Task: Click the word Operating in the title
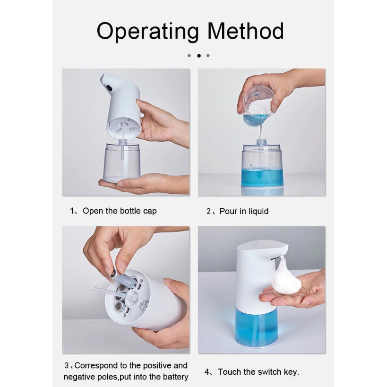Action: [x=147, y=31]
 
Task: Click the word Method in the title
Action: [x=246, y=31]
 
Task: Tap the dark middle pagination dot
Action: [x=198, y=56]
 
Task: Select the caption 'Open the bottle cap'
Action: [x=120, y=211]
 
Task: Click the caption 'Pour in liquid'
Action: [x=244, y=211]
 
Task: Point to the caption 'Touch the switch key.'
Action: [x=258, y=372]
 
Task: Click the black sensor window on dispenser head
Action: [x=109, y=87]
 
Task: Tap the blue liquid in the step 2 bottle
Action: [x=262, y=177]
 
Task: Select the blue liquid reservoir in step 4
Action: [x=256, y=325]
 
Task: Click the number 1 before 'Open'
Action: [x=72, y=211]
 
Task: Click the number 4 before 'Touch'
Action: [x=207, y=372]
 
